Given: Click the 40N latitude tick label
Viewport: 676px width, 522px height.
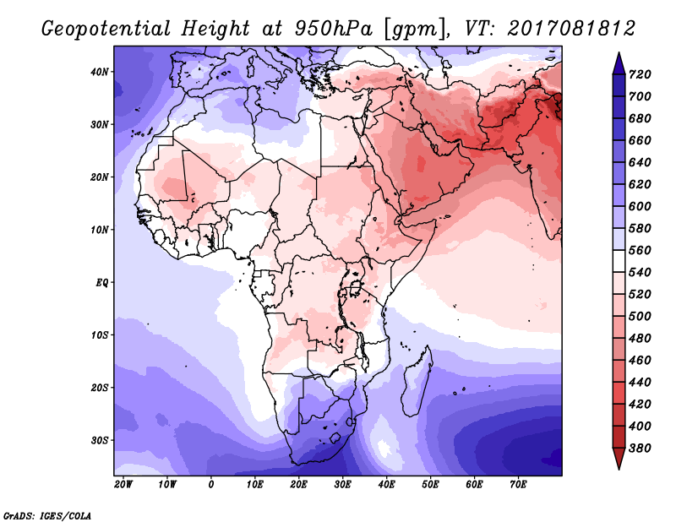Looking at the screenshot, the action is click(x=99, y=72).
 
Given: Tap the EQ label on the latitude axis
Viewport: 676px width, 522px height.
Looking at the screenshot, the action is click(x=101, y=283).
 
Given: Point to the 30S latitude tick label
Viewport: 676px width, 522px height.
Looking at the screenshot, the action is click(x=99, y=441).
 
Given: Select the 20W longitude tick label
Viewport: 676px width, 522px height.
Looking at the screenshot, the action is click(x=123, y=485).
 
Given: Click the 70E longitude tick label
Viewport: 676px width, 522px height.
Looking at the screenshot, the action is click(x=518, y=485).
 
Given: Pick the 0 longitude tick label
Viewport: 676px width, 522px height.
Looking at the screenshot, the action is click(x=210, y=485).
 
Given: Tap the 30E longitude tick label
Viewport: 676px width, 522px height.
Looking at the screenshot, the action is click(x=343, y=485).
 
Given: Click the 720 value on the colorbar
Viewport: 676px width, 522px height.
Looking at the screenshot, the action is click(x=640, y=74).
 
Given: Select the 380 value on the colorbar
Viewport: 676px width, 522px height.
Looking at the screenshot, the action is click(x=640, y=449).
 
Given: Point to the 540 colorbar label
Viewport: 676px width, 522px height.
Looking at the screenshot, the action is click(x=640, y=273).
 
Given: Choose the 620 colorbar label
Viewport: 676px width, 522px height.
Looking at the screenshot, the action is click(x=640, y=184).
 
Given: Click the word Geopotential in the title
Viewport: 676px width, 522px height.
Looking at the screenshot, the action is click(x=106, y=30).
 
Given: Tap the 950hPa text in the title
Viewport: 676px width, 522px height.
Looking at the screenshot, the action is click(x=334, y=29).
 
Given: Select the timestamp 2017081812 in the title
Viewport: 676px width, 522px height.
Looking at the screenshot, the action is click(x=571, y=29).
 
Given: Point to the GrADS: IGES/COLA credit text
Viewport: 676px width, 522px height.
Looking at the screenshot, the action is click(x=47, y=515).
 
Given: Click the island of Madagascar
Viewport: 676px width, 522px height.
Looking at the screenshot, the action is click(x=417, y=382).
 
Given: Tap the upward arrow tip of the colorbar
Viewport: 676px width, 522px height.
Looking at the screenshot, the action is click(x=619, y=53).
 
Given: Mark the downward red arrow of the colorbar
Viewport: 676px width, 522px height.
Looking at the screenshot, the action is click(x=619, y=459).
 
